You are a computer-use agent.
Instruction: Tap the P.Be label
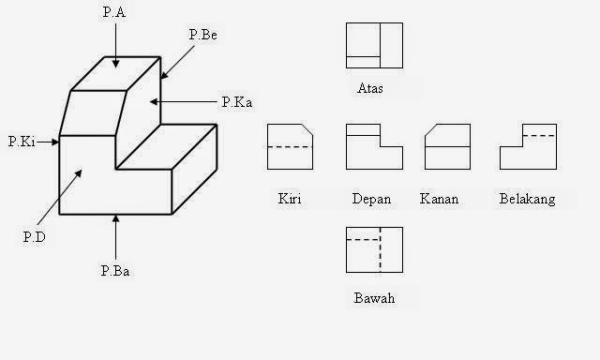click(202, 34)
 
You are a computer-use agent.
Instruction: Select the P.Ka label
click(237, 101)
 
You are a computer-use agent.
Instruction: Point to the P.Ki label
click(22, 142)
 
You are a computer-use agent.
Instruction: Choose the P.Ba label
click(115, 272)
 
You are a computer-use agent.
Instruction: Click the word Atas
click(370, 90)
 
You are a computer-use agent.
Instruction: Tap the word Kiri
click(290, 199)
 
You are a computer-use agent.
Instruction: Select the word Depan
click(371, 199)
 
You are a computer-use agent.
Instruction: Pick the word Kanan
click(439, 199)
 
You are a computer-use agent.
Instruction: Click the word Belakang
click(529, 199)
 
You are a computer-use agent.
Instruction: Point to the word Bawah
click(374, 299)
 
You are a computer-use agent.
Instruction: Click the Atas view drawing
click(373, 47)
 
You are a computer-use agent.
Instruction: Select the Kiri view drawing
click(290, 146)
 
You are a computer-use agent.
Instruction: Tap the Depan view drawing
click(373, 146)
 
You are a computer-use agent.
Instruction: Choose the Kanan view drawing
click(447, 146)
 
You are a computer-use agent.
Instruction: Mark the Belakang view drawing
click(528, 146)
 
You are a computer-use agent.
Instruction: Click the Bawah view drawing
click(373, 250)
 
